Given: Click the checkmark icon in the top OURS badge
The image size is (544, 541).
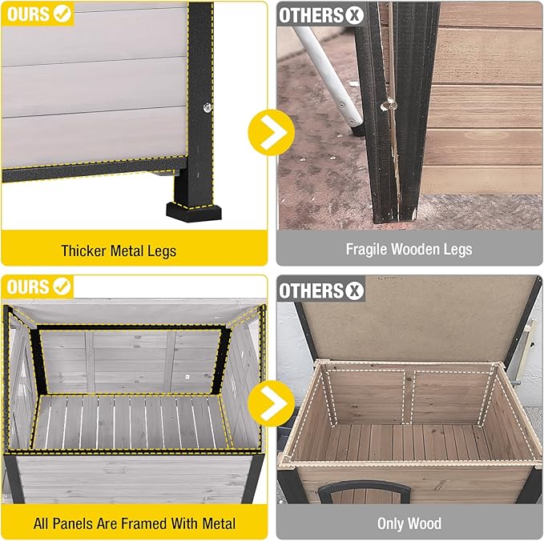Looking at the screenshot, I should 62,14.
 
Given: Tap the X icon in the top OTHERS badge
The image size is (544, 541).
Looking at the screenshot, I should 354,14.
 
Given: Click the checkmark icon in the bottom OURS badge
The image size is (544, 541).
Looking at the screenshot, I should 62,286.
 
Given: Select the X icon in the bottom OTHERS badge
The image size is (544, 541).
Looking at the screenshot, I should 354,290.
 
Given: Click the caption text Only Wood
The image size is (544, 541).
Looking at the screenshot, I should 409,524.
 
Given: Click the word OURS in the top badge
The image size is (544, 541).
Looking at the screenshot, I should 28,14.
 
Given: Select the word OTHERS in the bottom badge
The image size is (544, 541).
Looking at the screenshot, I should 312,290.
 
